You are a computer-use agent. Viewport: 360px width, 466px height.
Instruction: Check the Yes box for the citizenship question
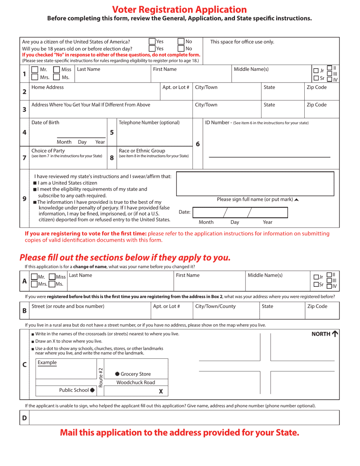pyautogui.click(x=152, y=42)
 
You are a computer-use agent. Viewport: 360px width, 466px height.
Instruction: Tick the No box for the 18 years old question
pyautogui.click(x=181, y=48)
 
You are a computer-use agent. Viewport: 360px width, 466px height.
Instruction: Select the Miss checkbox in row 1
pyautogui.click(x=56, y=70)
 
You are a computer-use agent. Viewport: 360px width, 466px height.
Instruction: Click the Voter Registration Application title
pyautogui.click(x=180, y=9)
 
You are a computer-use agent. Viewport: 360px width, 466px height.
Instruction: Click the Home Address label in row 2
pyautogui.click(x=47, y=88)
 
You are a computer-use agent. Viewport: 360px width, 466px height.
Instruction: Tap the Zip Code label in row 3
pyautogui.click(x=316, y=105)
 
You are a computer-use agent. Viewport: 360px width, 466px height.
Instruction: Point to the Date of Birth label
pyautogui.click(x=45, y=122)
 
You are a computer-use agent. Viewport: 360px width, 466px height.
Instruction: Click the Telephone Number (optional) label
pyautogui.click(x=149, y=122)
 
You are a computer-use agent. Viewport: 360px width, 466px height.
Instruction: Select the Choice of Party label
pyautogui.click(x=48, y=151)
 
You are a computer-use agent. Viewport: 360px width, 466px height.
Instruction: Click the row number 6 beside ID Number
pyautogui.click(x=198, y=144)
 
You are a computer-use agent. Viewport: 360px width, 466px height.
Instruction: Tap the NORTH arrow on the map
pyautogui.click(x=335, y=334)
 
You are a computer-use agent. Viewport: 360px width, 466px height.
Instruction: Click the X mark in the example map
pyautogui.click(x=161, y=391)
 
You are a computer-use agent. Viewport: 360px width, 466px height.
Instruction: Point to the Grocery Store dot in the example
pyautogui.click(x=117, y=374)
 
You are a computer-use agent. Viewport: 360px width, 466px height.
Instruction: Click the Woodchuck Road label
pyautogui.click(x=136, y=383)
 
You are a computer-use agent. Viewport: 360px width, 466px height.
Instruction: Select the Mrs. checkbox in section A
pyautogui.click(x=34, y=284)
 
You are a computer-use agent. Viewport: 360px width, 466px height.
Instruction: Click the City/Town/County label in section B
pyautogui.click(x=215, y=306)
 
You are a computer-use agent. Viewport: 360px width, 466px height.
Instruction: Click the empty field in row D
pyautogui.click(x=184, y=418)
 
